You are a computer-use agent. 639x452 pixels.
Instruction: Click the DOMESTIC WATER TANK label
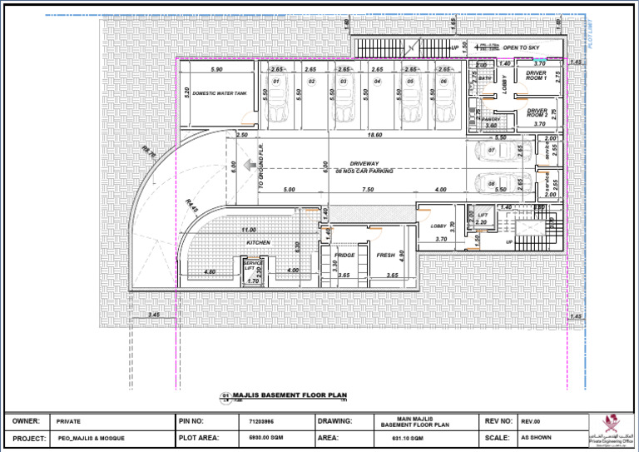point(220,94)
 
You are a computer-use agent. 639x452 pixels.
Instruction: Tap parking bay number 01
point(276,82)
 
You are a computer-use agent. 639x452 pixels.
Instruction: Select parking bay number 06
point(444,82)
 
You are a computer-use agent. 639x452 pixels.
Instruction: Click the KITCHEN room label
point(258,242)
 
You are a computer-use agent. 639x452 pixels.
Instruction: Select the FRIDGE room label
point(344,255)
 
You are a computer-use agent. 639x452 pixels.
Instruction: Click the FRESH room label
point(385,255)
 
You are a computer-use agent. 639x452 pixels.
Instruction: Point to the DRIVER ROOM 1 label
point(537,76)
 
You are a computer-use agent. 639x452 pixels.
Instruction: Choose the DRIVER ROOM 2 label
point(537,112)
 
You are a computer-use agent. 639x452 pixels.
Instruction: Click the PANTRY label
point(491,119)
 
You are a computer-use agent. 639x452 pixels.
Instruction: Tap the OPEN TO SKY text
point(521,48)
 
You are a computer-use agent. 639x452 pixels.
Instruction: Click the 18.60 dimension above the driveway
point(374,135)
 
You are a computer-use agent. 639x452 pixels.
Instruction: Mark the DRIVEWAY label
point(364,163)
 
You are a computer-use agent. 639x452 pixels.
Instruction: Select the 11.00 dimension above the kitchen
point(248,230)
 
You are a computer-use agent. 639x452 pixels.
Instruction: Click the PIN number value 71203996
point(261,422)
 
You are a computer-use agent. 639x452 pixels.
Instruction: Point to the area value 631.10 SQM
point(409,438)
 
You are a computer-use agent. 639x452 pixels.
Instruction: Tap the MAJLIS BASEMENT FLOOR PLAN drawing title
point(278,396)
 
